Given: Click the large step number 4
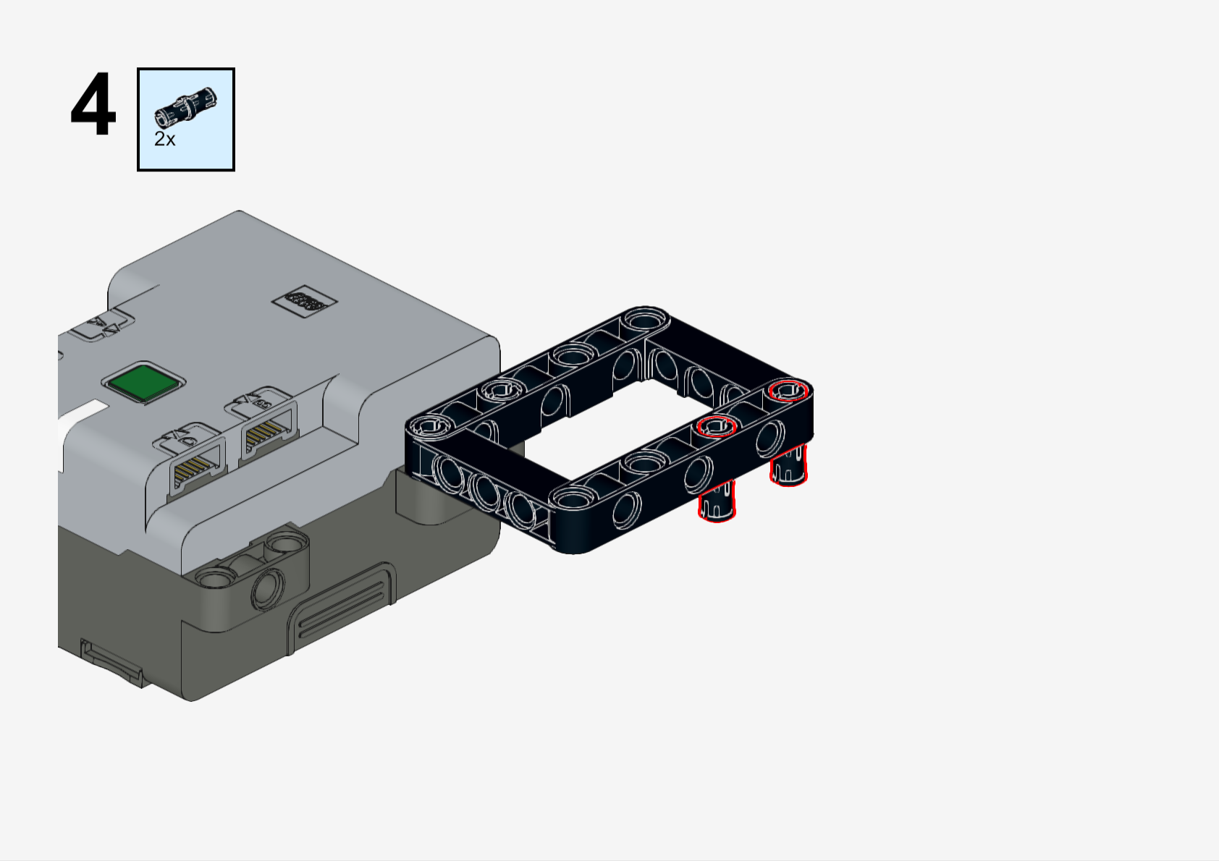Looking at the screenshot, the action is tap(93, 104).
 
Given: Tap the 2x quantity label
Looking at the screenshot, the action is tap(164, 139).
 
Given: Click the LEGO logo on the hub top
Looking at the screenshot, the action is tap(304, 300).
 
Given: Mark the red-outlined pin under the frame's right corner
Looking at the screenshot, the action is tap(788, 465).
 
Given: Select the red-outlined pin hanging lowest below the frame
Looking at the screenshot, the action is tap(717, 501).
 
